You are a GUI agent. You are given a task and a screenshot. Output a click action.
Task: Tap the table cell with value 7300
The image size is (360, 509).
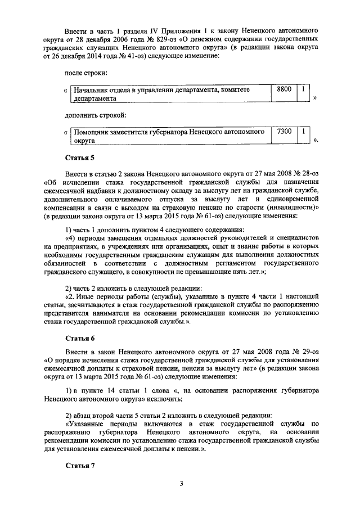point(284,131)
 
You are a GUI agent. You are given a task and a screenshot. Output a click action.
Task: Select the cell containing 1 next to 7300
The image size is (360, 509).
point(303,131)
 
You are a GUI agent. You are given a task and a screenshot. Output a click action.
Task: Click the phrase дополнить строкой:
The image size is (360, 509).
point(94,115)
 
